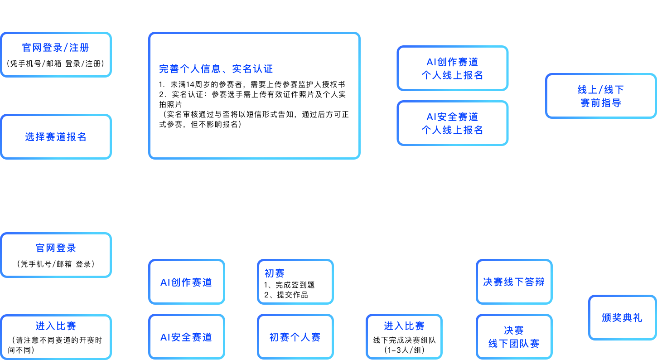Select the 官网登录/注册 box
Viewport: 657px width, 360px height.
coord(56,54)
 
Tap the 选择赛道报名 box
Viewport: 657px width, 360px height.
coord(56,137)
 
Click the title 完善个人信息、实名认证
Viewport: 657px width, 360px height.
coord(216,69)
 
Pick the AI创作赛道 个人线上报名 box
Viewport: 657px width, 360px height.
coord(452,68)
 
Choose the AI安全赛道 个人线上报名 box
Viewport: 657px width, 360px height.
coord(452,123)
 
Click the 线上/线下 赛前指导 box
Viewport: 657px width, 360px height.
coord(601,96)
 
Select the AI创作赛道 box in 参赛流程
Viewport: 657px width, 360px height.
coord(186,282)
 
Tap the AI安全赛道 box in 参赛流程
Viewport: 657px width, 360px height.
coord(186,337)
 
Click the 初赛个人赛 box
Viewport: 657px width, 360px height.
coord(295,337)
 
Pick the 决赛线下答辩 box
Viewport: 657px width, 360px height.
coord(514,282)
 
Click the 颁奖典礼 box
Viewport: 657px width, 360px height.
coord(622,317)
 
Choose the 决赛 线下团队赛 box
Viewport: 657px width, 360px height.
coord(514,337)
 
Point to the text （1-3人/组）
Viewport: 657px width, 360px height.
coord(404,350)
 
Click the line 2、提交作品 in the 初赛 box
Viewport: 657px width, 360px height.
coord(286,295)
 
